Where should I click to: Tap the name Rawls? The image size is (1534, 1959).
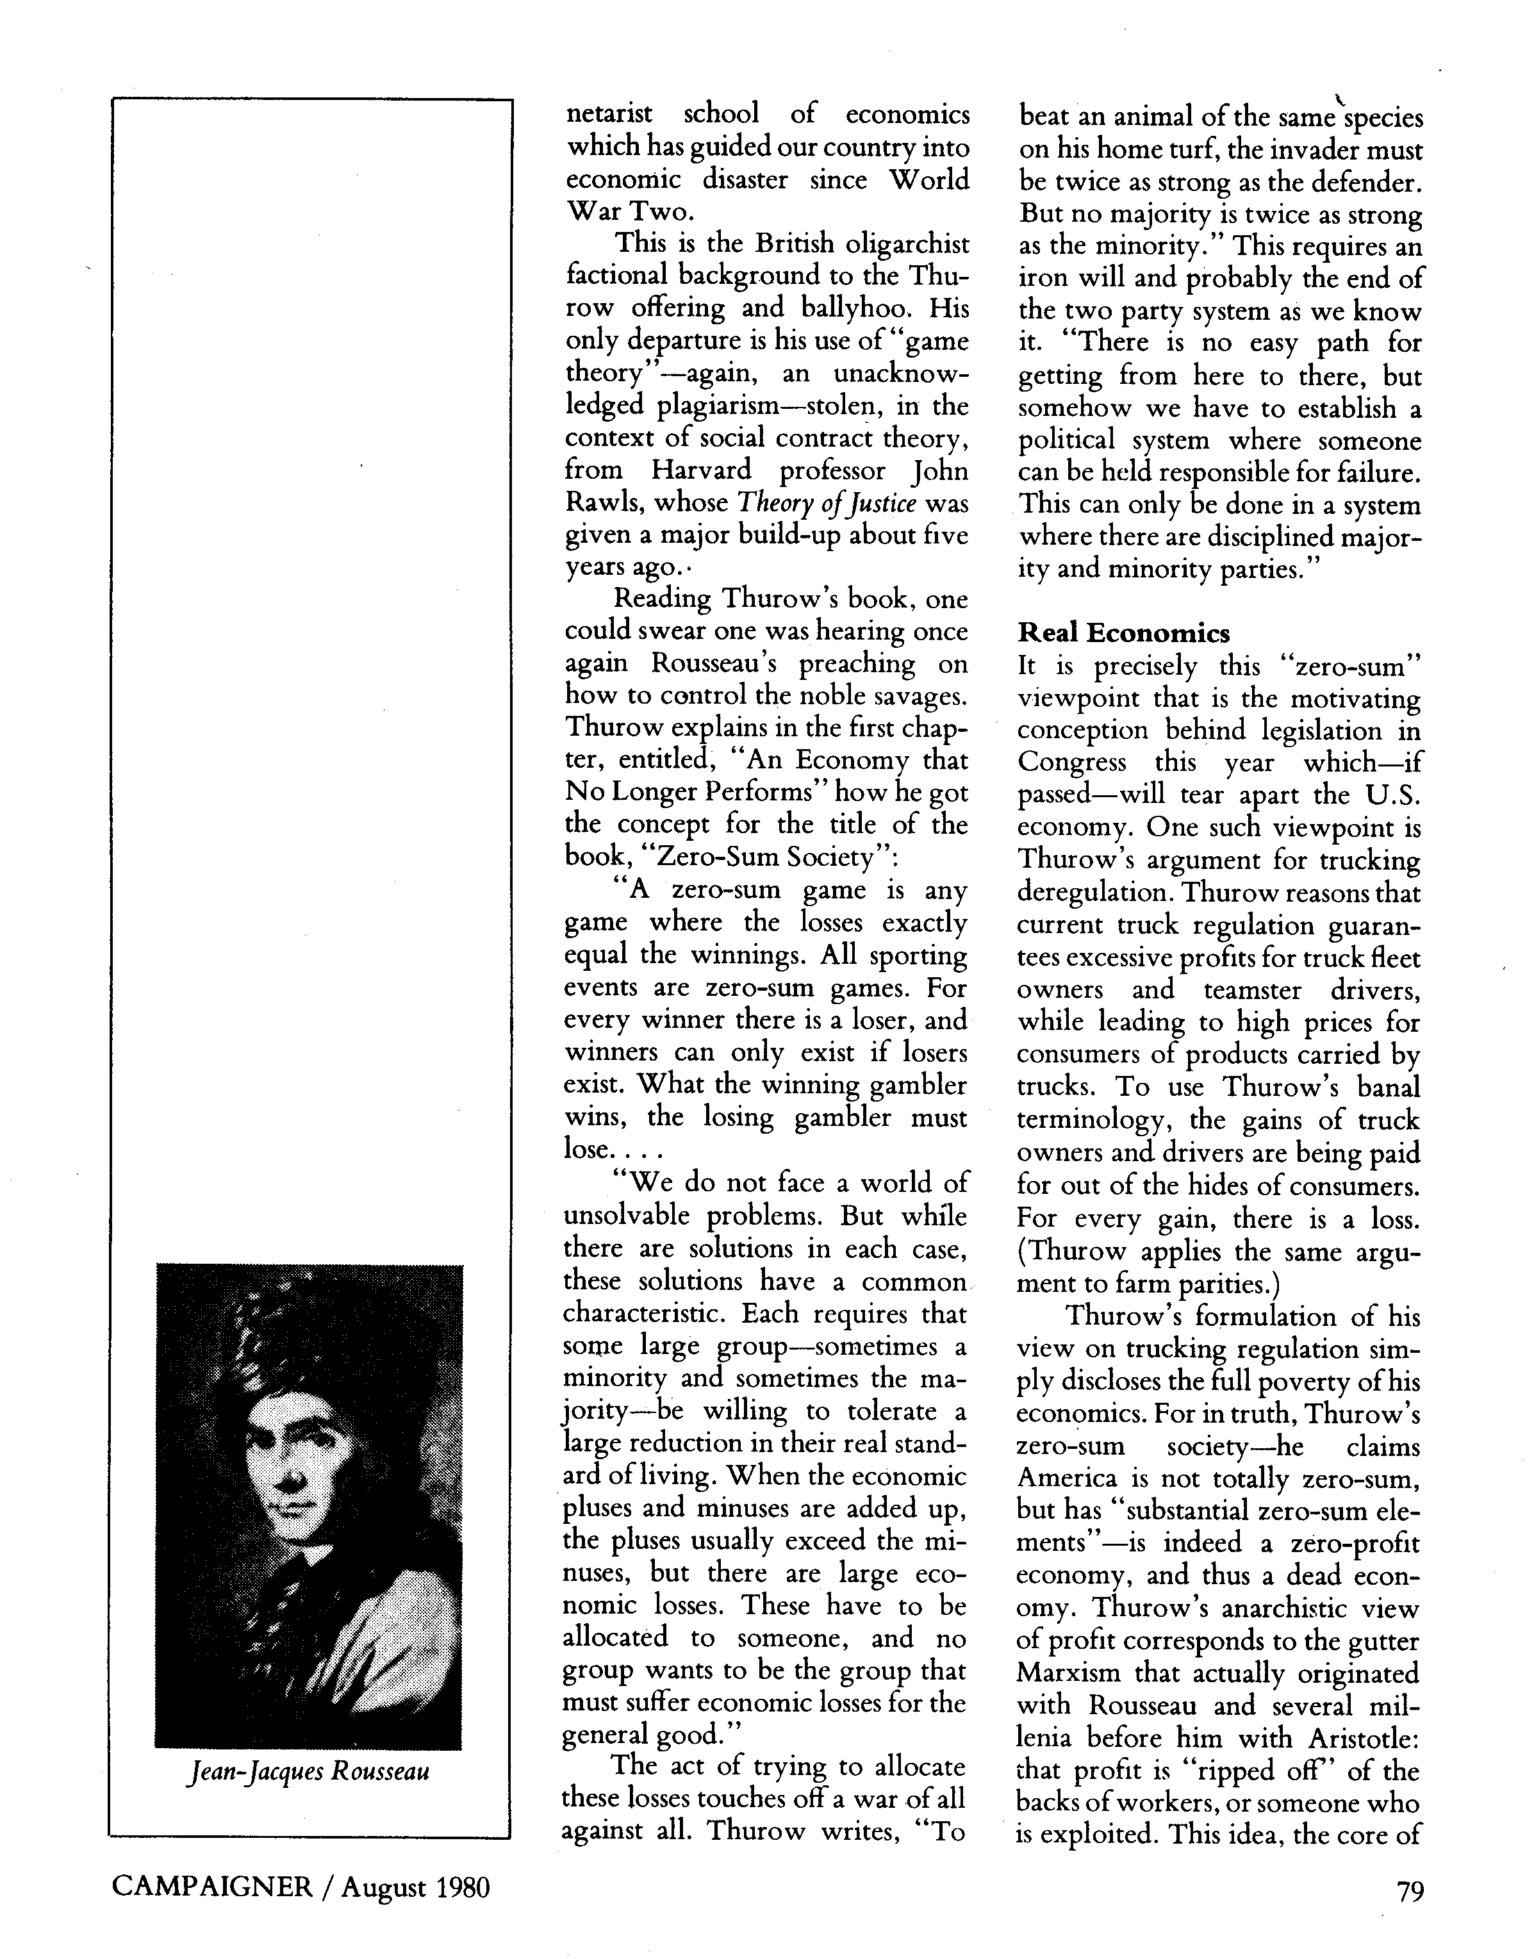(599, 503)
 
